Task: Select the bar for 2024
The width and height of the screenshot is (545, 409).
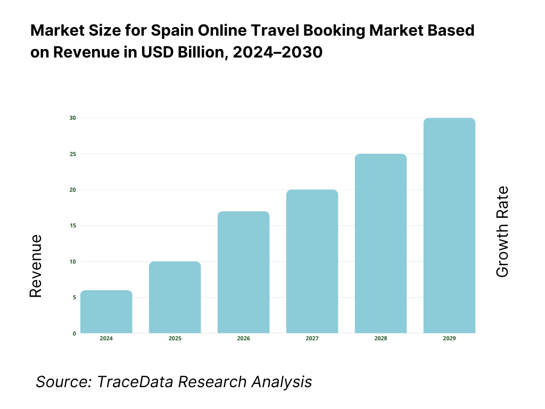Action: pyautogui.click(x=106, y=312)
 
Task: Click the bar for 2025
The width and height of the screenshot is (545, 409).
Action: pyautogui.click(x=175, y=297)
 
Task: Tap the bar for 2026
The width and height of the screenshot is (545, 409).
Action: pyautogui.click(x=244, y=272)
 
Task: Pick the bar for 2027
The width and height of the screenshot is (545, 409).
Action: pyautogui.click(x=312, y=261)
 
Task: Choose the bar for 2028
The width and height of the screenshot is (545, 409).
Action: pyautogui.click(x=381, y=243)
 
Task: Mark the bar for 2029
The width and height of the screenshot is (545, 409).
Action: pyautogui.click(x=449, y=225)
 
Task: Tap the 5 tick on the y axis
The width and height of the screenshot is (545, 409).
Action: pyautogui.click(x=74, y=297)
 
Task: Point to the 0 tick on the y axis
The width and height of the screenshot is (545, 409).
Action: pyautogui.click(x=74, y=333)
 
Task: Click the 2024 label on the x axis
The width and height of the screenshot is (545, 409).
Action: pyautogui.click(x=106, y=339)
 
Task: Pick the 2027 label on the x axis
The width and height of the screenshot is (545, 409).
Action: pyautogui.click(x=312, y=339)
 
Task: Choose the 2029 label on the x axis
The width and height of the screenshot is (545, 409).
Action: pyautogui.click(x=449, y=339)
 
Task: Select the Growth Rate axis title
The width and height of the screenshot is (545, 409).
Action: pyautogui.click(x=502, y=232)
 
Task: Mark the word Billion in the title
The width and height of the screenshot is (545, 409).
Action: pyautogui.click(x=188, y=53)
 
